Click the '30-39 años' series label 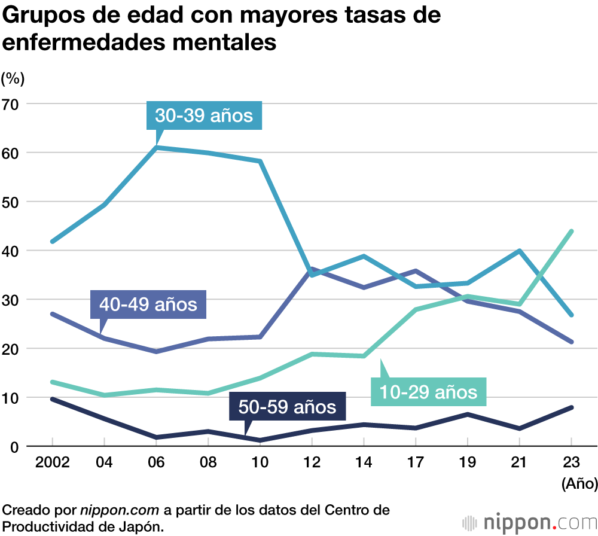pyautogui.click(x=204, y=115)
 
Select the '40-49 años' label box pyautogui.click(x=148, y=304)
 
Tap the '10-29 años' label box pyautogui.click(x=428, y=392)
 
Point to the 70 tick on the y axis pyautogui.click(x=12, y=104)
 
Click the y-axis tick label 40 pyautogui.click(x=12, y=251)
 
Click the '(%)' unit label pyautogui.click(x=13, y=78)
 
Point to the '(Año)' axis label pyautogui.click(x=579, y=483)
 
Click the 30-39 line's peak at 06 pyautogui.click(x=156, y=147)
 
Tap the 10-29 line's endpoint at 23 pyautogui.click(x=571, y=232)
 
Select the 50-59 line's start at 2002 pyautogui.click(x=53, y=399)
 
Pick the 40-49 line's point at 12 pyautogui.click(x=312, y=270)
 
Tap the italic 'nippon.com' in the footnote pyautogui.click(x=120, y=510)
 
